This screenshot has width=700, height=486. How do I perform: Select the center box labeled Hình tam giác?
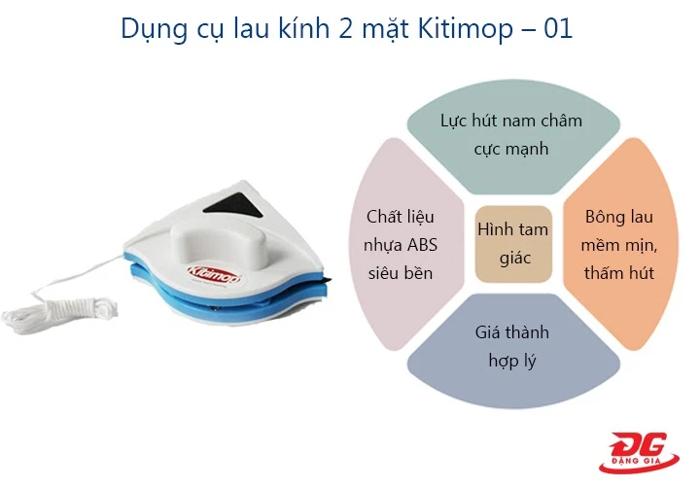[x=512, y=243]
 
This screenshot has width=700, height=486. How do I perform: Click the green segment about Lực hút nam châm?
[x=511, y=135]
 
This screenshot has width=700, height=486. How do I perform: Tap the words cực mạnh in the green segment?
[x=511, y=149]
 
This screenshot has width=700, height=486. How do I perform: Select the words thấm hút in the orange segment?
[x=618, y=272]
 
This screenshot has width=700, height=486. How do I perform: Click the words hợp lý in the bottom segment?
[x=511, y=362]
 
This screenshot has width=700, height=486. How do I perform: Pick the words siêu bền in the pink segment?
[x=399, y=272]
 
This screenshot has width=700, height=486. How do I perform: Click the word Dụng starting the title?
[x=149, y=29]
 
